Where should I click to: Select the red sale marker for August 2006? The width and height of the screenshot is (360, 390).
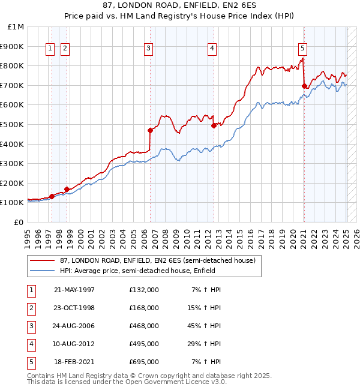[150, 130]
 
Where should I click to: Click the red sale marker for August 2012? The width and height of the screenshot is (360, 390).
[214, 125]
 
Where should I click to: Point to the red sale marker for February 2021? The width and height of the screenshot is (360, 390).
[304, 86]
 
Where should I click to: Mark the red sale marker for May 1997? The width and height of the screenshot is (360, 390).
[52, 196]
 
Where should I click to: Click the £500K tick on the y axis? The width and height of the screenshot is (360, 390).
[12, 124]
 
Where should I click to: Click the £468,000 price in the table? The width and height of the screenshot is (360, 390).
[144, 326]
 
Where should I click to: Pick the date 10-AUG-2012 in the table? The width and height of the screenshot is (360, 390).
[74, 344]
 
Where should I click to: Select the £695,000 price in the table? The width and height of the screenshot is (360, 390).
[144, 362]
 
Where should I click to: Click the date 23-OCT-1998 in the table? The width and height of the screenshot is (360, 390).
[74, 308]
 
